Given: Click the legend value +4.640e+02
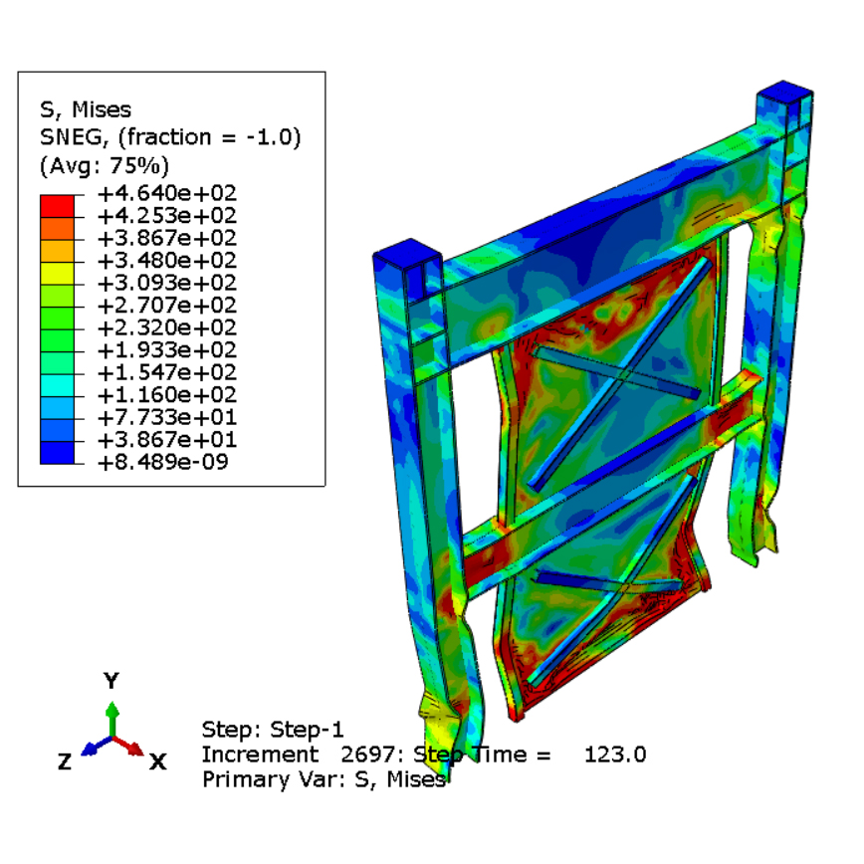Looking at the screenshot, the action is (x=167, y=193).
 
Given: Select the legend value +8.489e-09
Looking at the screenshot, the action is (x=162, y=462).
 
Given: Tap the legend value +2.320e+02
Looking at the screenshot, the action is (x=167, y=327).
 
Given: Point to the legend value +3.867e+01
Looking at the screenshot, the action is (x=167, y=439).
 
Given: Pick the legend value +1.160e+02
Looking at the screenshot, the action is (x=167, y=394).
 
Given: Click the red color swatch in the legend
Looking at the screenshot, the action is (x=57, y=206).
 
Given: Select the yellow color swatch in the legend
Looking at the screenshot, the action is (x=57, y=274).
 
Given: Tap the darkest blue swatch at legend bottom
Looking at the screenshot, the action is (x=57, y=452).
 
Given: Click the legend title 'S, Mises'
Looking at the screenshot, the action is (x=86, y=109).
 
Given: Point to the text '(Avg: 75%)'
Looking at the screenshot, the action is (x=105, y=165).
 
